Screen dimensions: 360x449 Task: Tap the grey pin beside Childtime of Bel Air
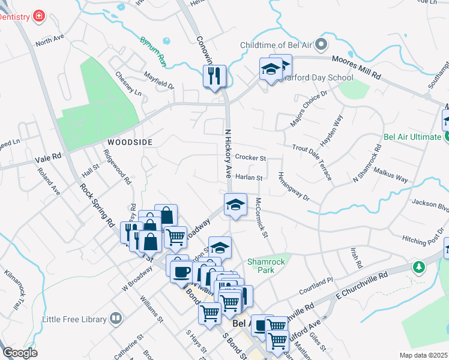tap(321, 45)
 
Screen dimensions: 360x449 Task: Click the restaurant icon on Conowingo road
tap(214, 76)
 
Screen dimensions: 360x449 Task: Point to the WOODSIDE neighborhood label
tap(130, 142)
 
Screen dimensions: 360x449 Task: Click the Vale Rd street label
tap(49, 158)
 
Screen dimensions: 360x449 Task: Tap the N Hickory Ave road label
tap(228, 155)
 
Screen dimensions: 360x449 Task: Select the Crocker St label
tap(250, 157)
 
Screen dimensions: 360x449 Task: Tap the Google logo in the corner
tap(19, 352)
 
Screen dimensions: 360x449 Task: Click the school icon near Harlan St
tap(235, 205)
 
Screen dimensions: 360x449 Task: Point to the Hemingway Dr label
tap(293, 187)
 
